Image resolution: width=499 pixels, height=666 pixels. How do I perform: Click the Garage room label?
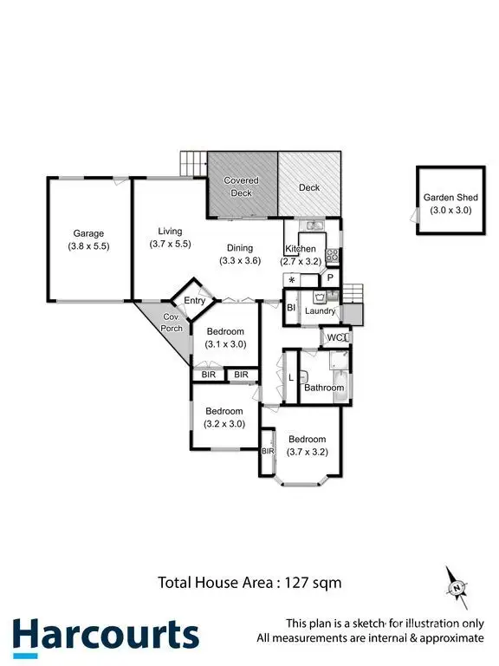point(88,233)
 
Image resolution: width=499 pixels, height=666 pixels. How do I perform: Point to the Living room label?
point(170,231)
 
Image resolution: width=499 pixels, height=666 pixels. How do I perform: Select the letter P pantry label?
point(329,278)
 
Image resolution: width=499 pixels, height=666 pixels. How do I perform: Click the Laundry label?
point(320,310)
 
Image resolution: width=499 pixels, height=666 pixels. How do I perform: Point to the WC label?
point(334,337)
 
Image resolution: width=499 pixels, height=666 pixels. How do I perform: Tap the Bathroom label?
point(323,388)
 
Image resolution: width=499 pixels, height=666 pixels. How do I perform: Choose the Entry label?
point(194,301)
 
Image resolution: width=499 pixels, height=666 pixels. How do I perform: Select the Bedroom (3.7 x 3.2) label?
point(308,439)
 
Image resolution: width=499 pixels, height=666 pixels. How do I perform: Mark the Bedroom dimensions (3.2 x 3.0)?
point(224,424)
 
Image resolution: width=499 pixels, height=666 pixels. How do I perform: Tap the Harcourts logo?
point(105,634)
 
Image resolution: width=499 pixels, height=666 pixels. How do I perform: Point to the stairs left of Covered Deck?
point(192,162)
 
